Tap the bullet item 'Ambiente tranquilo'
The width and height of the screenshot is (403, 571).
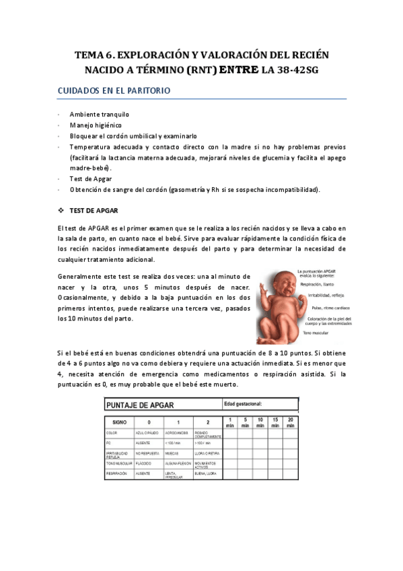(x=100, y=114)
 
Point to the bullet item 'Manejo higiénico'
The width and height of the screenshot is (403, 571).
(x=96, y=125)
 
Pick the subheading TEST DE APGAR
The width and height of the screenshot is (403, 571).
(x=94, y=210)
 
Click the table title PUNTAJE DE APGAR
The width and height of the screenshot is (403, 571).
(x=139, y=405)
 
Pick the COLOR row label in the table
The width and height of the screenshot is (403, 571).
(x=112, y=433)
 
